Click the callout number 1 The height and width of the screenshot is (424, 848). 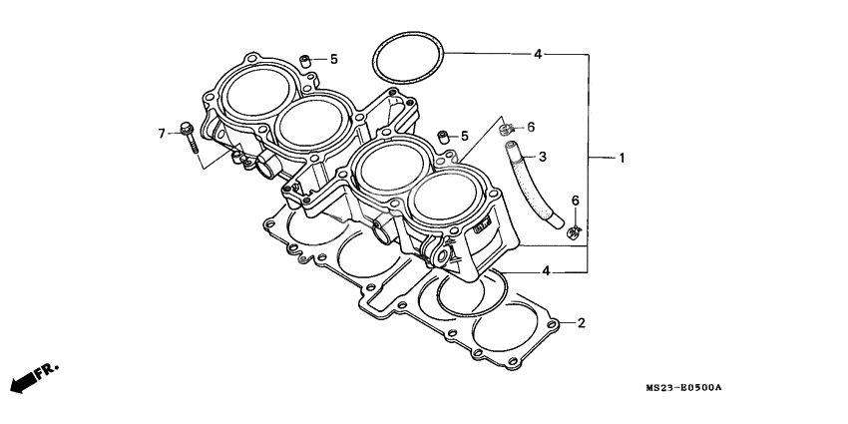(622, 159)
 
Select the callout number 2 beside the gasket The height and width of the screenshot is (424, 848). (581, 323)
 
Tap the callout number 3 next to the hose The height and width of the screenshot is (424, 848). (542, 157)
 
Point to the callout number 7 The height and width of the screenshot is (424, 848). (161, 133)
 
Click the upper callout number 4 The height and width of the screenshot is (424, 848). (537, 54)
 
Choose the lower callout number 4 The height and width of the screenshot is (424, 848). (546, 271)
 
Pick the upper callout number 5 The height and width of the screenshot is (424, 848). (333, 60)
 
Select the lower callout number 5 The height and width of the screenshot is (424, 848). (463, 136)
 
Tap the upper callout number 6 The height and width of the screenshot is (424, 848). (531, 127)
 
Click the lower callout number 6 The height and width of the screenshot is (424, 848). (575, 202)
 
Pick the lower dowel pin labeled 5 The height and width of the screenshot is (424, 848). (440, 136)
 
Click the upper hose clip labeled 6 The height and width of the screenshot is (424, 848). (507, 128)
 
